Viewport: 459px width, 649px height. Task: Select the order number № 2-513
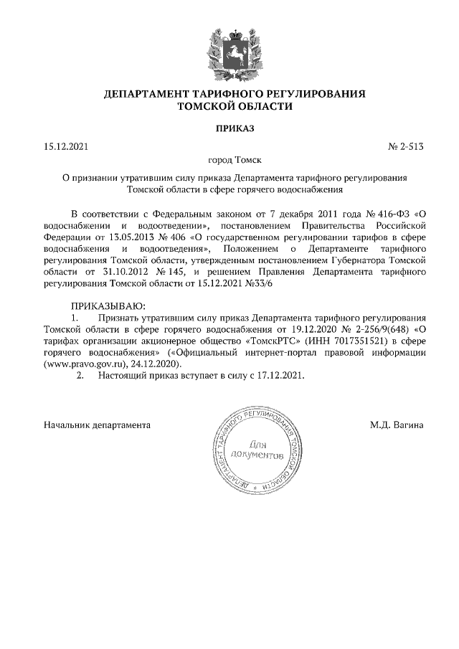click(406, 146)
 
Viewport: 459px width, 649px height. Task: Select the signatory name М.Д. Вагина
click(397, 425)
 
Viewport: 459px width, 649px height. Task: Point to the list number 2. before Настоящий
click(81, 375)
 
